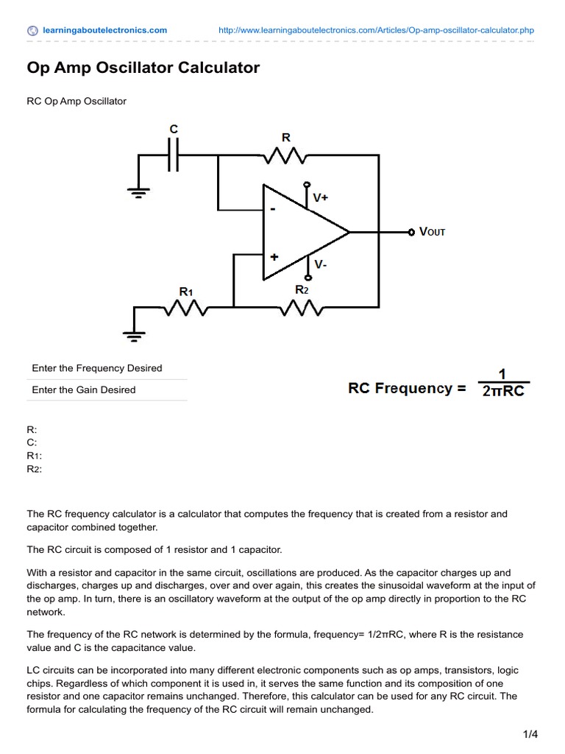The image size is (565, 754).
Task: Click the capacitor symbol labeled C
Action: (x=174, y=155)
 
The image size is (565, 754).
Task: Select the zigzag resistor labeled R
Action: (x=285, y=155)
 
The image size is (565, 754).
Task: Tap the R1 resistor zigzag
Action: (x=186, y=308)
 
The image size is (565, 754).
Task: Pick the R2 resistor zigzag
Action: (x=302, y=308)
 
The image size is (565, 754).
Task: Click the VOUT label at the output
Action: (x=433, y=232)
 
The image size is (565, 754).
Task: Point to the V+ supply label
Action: (x=321, y=197)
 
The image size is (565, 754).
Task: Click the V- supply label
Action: (x=321, y=264)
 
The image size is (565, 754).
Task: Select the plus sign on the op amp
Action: (x=274, y=257)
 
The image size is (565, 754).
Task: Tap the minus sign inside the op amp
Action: (x=273, y=209)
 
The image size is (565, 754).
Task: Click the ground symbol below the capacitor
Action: (x=138, y=193)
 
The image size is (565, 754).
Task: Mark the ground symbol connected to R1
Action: (x=134, y=336)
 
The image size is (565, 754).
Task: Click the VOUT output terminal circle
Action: (x=411, y=232)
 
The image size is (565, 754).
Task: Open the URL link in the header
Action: (x=376, y=30)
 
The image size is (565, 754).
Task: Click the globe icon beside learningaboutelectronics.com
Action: (x=32, y=31)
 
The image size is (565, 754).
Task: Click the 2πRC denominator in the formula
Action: (x=503, y=391)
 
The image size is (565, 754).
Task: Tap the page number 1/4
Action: (x=530, y=734)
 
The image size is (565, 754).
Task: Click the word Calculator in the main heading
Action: (x=218, y=67)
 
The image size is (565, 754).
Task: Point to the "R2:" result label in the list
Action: (x=34, y=469)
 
